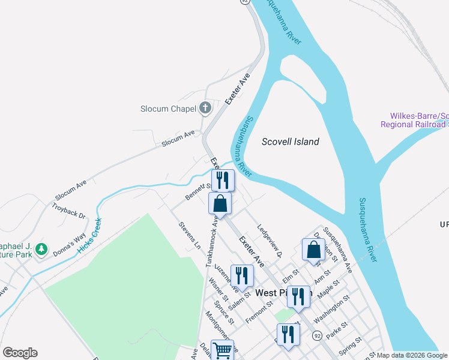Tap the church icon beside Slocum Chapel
point(205,108)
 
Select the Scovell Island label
point(291,142)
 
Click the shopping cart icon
point(223,350)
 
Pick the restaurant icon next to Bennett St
point(222,179)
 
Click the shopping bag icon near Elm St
point(313,249)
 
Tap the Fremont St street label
point(259,313)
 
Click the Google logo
point(20,353)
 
